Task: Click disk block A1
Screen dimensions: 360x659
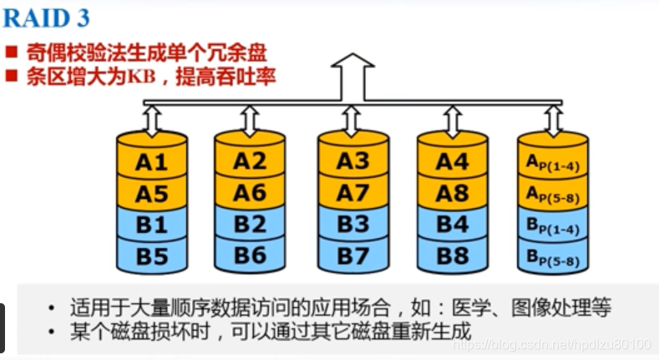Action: pyautogui.click(x=151, y=162)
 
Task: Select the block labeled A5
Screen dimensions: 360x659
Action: pyautogui.click(x=151, y=194)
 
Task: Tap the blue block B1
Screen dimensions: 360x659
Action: pyautogui.click(x=151, y=225)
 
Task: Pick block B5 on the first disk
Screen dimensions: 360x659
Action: pyautogui.click(x=151, y=256)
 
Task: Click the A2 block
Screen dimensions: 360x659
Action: pyautogui.click(x=250, y=162)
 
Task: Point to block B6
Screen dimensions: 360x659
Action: pyautogui.click(x=250, y=256)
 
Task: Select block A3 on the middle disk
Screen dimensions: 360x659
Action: pyautogui.click(x=352, y=162)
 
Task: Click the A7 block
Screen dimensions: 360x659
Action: pyautogui.click(x=352, y=194)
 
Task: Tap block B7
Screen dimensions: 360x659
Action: pyautogui.click(x=352, y=256)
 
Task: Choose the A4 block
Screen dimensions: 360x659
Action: pyautogui.click(x=452, y=162)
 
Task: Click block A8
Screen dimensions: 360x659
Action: pyautogui.click(x=452, y=194)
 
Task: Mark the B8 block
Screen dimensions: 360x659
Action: pyautogui.click(x=452, y=256)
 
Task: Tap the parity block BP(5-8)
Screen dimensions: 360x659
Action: pyautogui.click(x=552, y=259)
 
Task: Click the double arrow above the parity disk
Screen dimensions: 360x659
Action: pyautogui.click(x=552, y=120)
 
